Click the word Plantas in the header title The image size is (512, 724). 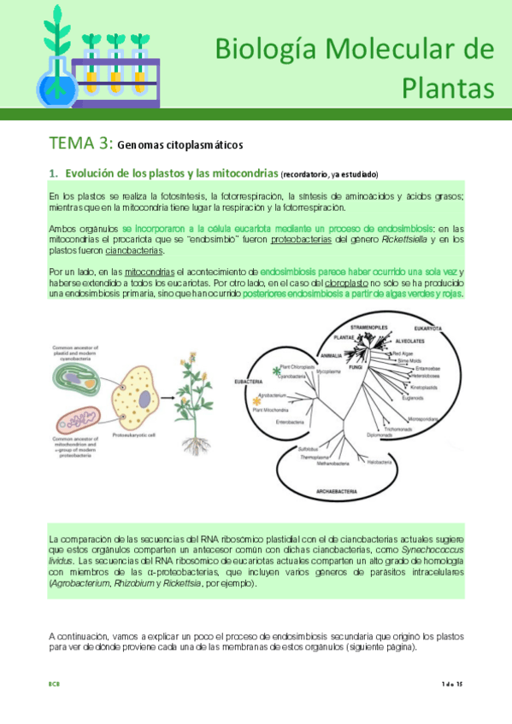click(x=447, y=86)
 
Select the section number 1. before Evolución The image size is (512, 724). click(x=54, y=173)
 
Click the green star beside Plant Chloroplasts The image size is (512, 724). click(x=276, y=371)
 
